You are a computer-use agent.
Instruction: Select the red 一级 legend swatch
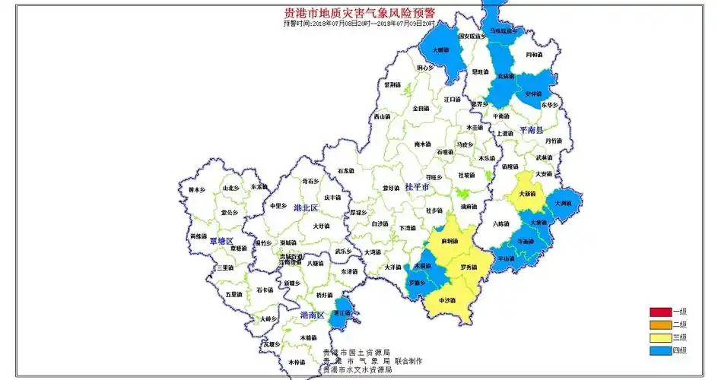point(659,312)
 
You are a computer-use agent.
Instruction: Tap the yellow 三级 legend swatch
point(659,337)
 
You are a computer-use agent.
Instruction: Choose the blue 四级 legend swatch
point(659,350)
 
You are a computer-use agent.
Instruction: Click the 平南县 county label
point(532,131)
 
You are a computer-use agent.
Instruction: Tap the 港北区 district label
point(307,207)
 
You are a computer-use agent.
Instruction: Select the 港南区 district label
point(312,315)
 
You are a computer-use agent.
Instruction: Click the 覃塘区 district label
point(221,241)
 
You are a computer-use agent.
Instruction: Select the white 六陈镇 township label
point(501,223)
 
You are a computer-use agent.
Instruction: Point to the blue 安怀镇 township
point(535,93)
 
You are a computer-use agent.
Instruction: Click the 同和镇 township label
point(535,55)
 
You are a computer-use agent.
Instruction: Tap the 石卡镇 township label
point(264,290)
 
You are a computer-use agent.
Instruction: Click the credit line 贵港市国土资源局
point(356,353)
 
